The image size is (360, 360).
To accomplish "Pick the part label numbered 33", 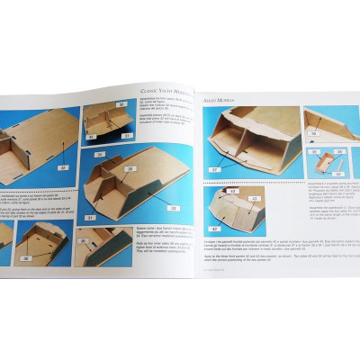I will coord(171,209).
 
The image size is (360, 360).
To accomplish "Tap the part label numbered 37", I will coord(214,169).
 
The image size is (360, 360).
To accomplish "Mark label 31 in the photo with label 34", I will coord(90,215).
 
